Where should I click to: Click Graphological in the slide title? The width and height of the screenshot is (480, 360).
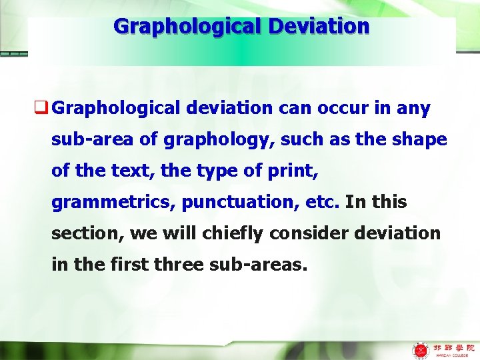188,27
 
